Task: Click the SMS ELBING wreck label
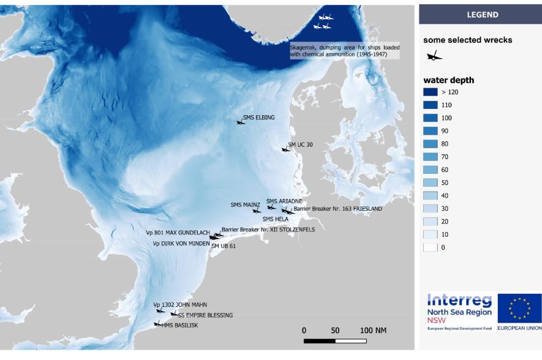tap(258, 118)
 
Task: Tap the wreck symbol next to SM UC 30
tap(285, 149)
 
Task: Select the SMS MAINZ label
tap(245, 204)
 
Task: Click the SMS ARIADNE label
tap(284, 201)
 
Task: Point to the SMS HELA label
tap(275, 219)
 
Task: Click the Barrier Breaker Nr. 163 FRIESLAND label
tap(337, 209)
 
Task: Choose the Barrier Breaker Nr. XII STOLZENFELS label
tap(268, 230)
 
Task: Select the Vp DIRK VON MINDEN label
tap(181, 243)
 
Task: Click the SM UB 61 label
tap(224, 246)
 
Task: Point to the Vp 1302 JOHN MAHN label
tap(180, 304)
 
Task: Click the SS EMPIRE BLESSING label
tap(205, 315)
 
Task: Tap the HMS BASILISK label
tap(179, 325)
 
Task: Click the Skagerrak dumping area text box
tap(344, 50)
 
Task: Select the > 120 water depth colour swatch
tap(431, 92)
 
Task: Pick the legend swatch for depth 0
tap(431, 247)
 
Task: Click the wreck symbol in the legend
tap(433, 57)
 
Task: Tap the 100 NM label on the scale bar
tap(373, 331)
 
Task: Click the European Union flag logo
tap(519, 307)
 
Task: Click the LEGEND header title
tap(480, 15)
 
